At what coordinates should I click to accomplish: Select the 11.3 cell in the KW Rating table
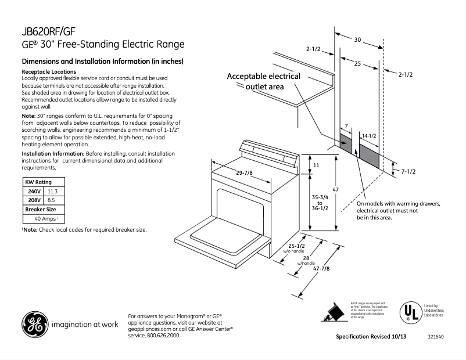(x=52, y=191)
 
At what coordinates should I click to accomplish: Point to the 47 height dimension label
(x=335, y=190)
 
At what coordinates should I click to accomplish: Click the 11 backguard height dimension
(x=316, y=165)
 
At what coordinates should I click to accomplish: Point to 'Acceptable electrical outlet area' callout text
(x=263, y=81)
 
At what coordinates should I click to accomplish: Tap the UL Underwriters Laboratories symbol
(x=409, y=312)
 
